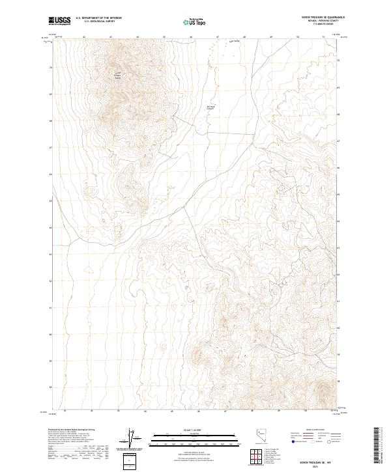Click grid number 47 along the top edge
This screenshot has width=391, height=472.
coord(217,37)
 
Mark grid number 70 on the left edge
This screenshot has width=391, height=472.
coord(51,67)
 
